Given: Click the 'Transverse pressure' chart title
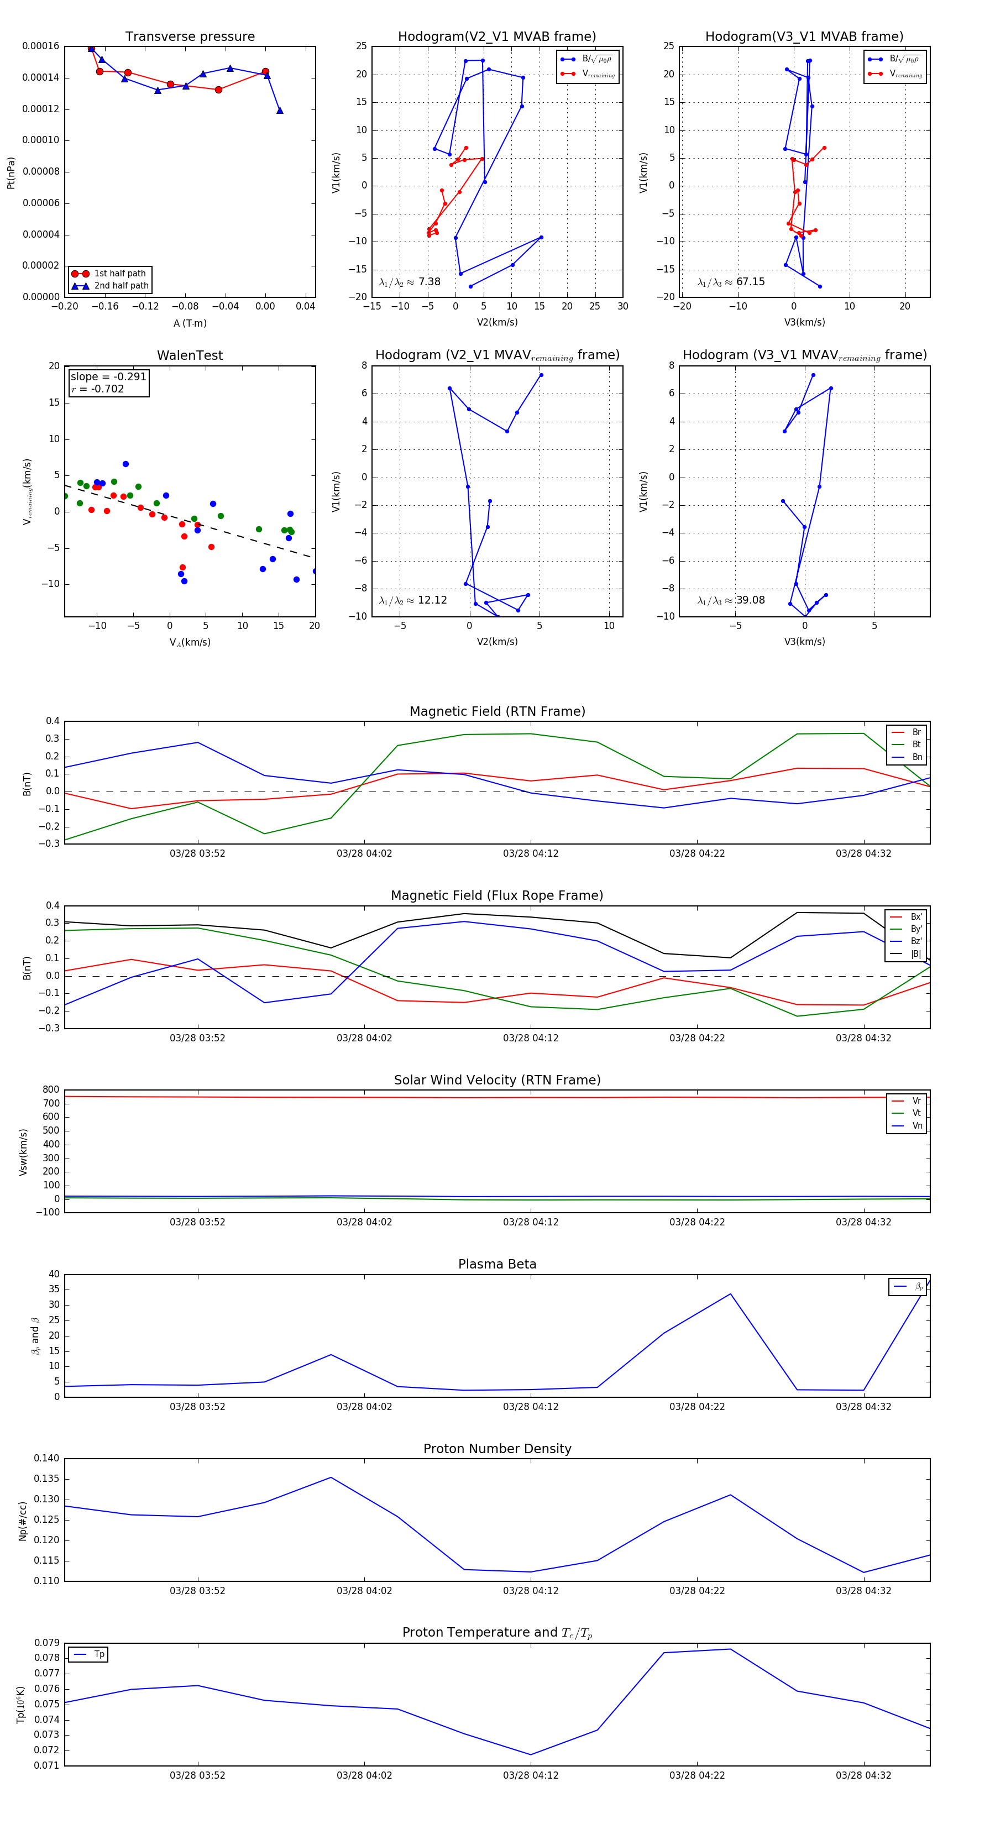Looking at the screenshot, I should [190, 37].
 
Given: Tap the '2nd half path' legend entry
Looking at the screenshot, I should [121, 286].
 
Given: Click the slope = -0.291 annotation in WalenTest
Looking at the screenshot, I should [108, 377].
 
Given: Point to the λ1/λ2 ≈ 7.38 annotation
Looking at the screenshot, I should [410, 282].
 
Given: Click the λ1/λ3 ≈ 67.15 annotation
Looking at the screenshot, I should [731, 282].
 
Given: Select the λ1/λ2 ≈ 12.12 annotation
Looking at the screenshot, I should [413, 600].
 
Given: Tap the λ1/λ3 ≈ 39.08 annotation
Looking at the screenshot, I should [731, 600].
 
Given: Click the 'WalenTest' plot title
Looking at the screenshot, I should [190, 355].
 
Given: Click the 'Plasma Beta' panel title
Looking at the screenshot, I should [497, 1265].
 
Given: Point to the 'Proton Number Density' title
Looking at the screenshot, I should [497, 1449].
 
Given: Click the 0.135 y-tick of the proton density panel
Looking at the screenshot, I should [47, 1479].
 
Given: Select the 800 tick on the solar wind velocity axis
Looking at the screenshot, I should [51, 1090].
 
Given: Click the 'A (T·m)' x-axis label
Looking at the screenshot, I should [190, 323].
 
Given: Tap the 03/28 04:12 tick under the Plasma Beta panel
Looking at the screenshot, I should [531, 1407].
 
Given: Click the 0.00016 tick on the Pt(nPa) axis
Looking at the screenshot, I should [40, 46].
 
